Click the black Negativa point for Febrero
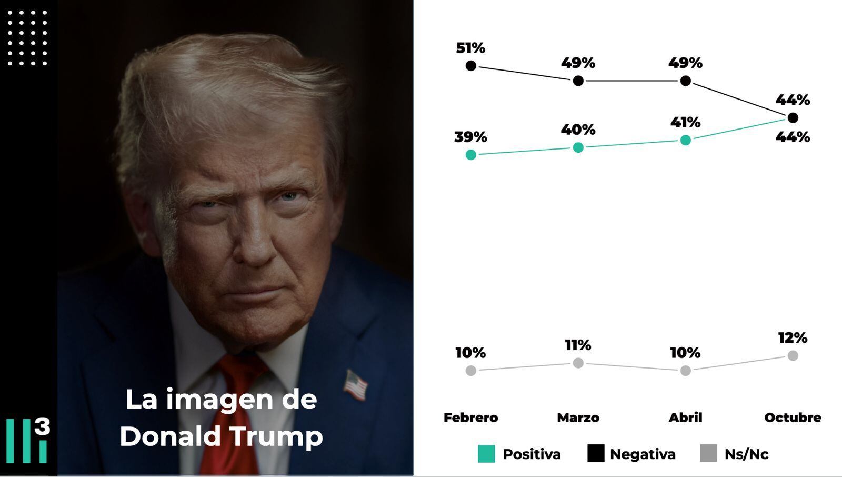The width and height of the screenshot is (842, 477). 471,66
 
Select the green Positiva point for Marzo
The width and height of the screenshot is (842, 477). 578,148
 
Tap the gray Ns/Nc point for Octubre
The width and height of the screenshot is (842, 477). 793,356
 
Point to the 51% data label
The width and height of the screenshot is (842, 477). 470,48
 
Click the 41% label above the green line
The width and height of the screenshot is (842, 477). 685,123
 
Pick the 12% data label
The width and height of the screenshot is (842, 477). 793,338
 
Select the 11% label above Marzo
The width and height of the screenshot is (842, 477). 578,345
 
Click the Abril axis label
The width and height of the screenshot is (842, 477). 685,418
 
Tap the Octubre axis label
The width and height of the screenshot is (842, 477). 793,418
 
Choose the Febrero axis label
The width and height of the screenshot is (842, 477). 470,418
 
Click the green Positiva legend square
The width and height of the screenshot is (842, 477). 486,454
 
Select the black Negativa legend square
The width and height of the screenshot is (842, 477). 596,453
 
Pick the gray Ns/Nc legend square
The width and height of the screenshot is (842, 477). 708,453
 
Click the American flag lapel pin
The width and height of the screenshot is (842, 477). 355,385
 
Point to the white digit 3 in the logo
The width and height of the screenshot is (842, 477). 42,426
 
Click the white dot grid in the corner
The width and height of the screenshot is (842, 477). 27,38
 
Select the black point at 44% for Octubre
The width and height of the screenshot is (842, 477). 793,117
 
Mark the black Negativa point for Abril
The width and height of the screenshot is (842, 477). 685,81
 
